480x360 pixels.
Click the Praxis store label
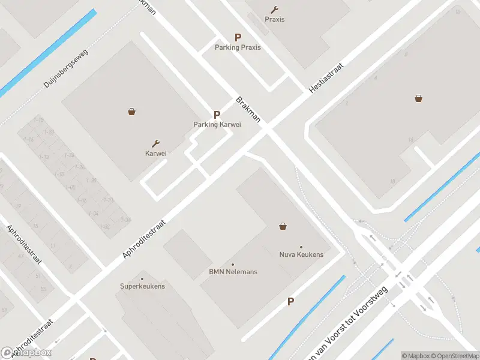point(275,19)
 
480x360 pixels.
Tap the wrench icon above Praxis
point(275,10)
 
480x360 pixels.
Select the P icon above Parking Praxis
point(238,37)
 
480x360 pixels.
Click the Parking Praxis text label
point(238,47)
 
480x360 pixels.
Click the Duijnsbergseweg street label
point(66,68)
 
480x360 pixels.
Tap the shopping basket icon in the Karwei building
point(131,111)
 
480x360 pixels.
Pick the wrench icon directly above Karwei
point(156,143)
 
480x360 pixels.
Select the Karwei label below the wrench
point(155,153)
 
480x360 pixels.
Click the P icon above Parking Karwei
point(217,115)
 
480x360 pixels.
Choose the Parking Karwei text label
point(217,125)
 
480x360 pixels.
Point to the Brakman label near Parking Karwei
point(248,109)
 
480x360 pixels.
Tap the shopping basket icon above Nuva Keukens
point(283,226)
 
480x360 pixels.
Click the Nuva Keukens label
point(301,254)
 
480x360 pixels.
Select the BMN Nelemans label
point(233,272)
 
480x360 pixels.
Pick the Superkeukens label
point(142,286)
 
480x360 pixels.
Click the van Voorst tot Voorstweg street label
point(348,324)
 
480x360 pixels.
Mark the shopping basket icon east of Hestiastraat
point(418,98)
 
